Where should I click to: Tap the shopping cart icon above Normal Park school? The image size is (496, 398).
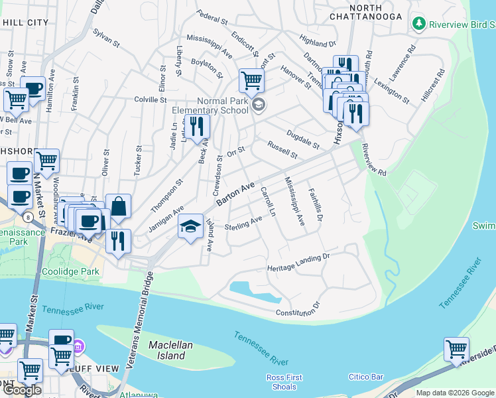(251, 81)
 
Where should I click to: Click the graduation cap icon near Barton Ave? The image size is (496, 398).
(190, 227)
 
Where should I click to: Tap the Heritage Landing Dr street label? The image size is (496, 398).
(298, 263)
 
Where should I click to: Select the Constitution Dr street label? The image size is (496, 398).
(298, 309)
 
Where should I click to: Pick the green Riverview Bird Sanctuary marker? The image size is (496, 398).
(418, 25)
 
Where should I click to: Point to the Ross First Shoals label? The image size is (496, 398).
(284, 382)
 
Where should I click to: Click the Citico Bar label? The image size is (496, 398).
(367, 377)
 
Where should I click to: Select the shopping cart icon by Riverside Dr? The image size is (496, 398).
(456, 349)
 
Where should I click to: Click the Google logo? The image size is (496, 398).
(22, 390)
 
